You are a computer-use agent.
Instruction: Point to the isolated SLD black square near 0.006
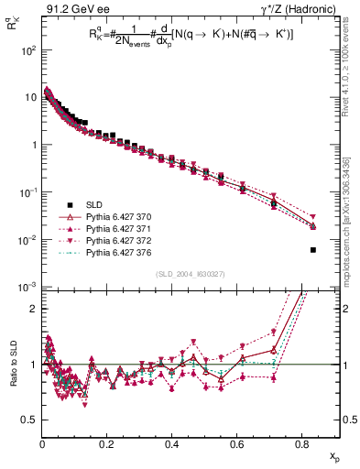tap(313, 250)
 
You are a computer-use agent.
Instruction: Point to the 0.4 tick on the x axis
tap(172, 445)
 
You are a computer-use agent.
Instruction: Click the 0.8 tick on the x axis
tap(302, 445)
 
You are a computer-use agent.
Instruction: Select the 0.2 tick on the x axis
tap(107, 445)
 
